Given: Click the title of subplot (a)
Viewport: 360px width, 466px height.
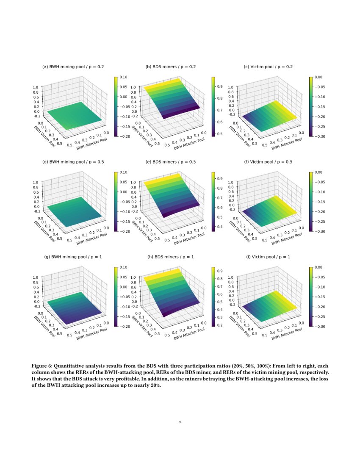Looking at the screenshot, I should (73, 67).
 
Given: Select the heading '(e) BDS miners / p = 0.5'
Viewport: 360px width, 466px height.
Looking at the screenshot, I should (171, 162).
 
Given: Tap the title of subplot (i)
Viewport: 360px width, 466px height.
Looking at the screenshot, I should (268, 257).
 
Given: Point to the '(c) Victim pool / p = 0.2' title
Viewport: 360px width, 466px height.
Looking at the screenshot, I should (269, 67).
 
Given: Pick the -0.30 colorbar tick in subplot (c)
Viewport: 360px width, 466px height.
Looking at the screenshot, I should (320, 136).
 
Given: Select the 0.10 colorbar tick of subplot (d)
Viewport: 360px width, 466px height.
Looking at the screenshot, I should (122, 172).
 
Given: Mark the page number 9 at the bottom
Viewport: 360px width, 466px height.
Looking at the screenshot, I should (180, 422).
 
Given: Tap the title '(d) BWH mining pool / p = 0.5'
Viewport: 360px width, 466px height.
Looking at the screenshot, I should (73, 162).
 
